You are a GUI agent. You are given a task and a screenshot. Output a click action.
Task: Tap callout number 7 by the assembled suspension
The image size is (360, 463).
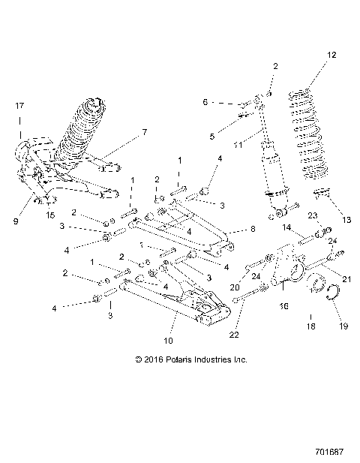[x=145, y=133]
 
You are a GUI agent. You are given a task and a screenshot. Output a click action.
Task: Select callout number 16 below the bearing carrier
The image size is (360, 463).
[x=283, y=306]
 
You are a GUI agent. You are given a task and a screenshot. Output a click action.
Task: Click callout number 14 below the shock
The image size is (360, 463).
[x=286, y=227]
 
